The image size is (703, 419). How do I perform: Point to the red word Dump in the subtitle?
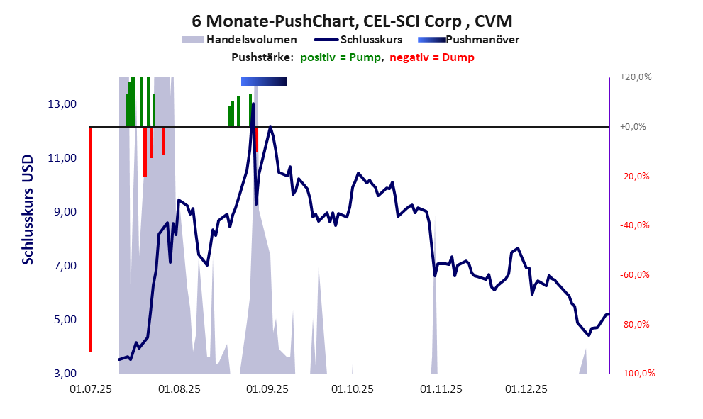pos(458,57)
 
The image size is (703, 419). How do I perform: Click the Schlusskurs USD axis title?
pos(28,210)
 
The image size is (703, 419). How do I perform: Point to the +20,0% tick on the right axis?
pos(636,77)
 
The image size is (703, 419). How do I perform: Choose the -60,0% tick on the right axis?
pos(636,275)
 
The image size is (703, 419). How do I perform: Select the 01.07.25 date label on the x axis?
pos(89,389)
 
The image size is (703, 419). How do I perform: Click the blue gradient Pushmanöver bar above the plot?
pos(264,82)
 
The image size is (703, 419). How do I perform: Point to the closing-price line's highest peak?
pos(253,104)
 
